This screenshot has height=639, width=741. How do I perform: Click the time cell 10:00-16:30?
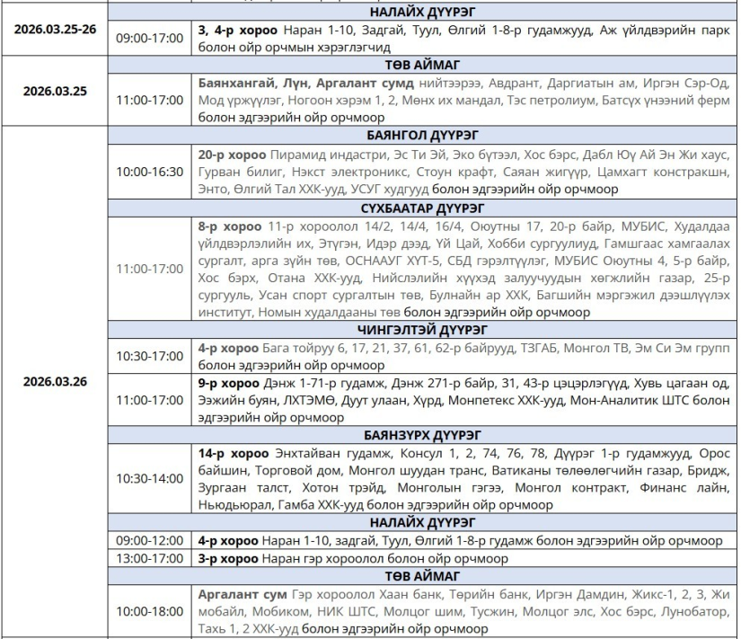(x=149, y=172)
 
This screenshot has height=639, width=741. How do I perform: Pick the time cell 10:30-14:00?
(x=149, y=478)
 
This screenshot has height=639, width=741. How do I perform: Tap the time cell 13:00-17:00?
(x=149, y=558)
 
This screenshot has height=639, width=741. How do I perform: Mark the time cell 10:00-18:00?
(x=149, y=610)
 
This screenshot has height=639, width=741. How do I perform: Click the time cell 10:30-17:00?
(x=149, y=355)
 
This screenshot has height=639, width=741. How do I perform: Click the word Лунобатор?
(x=692, y=611)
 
